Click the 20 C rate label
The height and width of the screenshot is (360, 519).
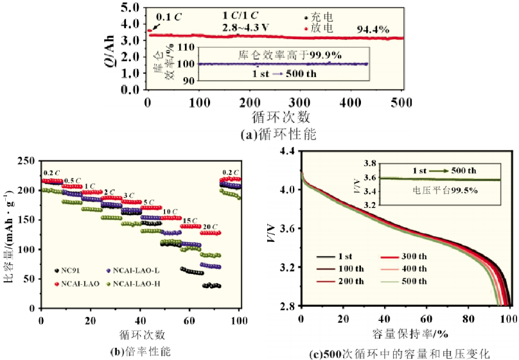210,227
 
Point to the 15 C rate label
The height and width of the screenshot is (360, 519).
189,219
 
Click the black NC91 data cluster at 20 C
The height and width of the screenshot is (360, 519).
211,286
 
